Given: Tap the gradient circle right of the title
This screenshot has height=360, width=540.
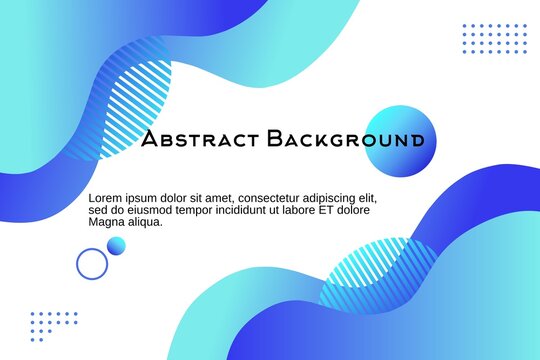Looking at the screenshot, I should click(x=400, y=140).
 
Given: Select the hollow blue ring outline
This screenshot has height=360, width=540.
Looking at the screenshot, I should click(x=92, y=263).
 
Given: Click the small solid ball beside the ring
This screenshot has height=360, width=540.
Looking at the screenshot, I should click(x=117, y=246).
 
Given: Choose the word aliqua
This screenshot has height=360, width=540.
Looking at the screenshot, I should click(x=145, y=222).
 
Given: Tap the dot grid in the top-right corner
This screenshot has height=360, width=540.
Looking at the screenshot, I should click(x=494, y=39).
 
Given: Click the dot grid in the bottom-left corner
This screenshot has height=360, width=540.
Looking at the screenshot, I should click(x=53, y=326).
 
